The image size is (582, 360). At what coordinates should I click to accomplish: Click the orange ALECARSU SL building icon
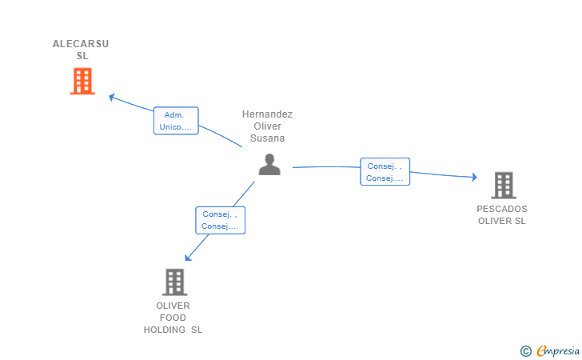click(x=82, y=81)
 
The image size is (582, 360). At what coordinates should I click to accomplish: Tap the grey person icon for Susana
click(x=269, y=164)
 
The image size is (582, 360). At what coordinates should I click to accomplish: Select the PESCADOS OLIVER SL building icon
click(x=503, y=185)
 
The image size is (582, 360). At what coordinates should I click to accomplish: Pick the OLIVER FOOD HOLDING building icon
click(x=174, y=282)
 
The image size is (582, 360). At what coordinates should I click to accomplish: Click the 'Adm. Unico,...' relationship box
click(x=176, y=121)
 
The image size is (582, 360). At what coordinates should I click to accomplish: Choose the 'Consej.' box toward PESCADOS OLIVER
click(x=385, y=172)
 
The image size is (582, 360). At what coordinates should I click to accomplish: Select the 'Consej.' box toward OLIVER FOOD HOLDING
click(x=220, y=220)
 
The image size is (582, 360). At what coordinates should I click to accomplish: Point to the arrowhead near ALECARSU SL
click(x=112, y=98)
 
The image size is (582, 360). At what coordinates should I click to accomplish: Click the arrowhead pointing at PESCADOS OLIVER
click(x=474, y=177)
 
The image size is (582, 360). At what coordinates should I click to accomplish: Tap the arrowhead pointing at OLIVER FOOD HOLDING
click(x=187, y=258)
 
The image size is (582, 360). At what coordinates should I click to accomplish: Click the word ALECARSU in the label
click(x=81, y=44)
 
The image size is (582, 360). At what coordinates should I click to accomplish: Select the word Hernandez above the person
click(x=267, y=114)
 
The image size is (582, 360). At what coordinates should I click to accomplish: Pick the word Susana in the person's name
click(x=267, y=138)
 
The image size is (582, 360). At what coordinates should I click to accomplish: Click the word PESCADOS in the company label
click(x=502, y=209)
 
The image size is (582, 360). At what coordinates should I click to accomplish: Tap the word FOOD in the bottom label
click(x=173, y=318)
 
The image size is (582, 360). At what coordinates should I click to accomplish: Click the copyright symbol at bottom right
click(x=525, y=350)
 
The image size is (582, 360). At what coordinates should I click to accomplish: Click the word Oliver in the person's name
click(x=267, y=126)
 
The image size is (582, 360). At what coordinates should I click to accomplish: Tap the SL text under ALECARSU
click(x=82, y=56)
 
